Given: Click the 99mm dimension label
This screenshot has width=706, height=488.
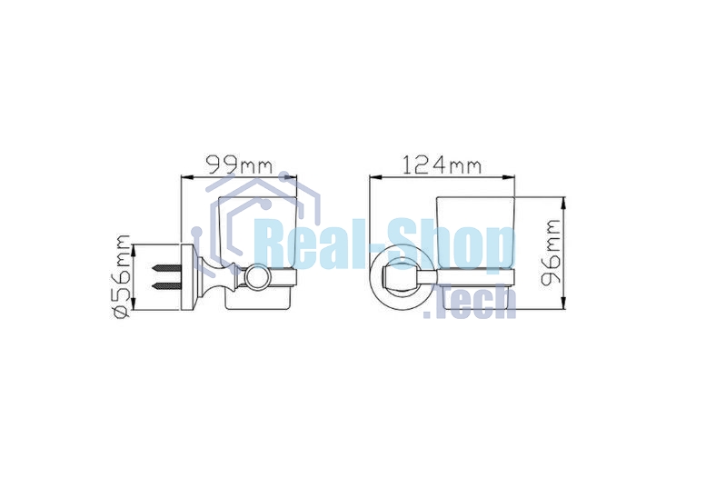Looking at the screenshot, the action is coord(239,164).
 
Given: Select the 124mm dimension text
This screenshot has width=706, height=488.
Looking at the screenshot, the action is coord(442,164).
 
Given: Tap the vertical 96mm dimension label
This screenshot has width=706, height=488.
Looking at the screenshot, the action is coord(552,253).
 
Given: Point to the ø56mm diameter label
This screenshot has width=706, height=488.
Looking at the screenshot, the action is coord(122,276).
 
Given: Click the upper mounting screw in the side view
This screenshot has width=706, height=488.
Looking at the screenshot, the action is coord(166,268).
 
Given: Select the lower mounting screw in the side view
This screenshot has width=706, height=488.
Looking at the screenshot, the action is coord(166,286).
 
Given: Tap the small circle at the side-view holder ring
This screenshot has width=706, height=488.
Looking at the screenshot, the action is coord(255,276).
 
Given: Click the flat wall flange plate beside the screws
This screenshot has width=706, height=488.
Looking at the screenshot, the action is coord(186,277).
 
